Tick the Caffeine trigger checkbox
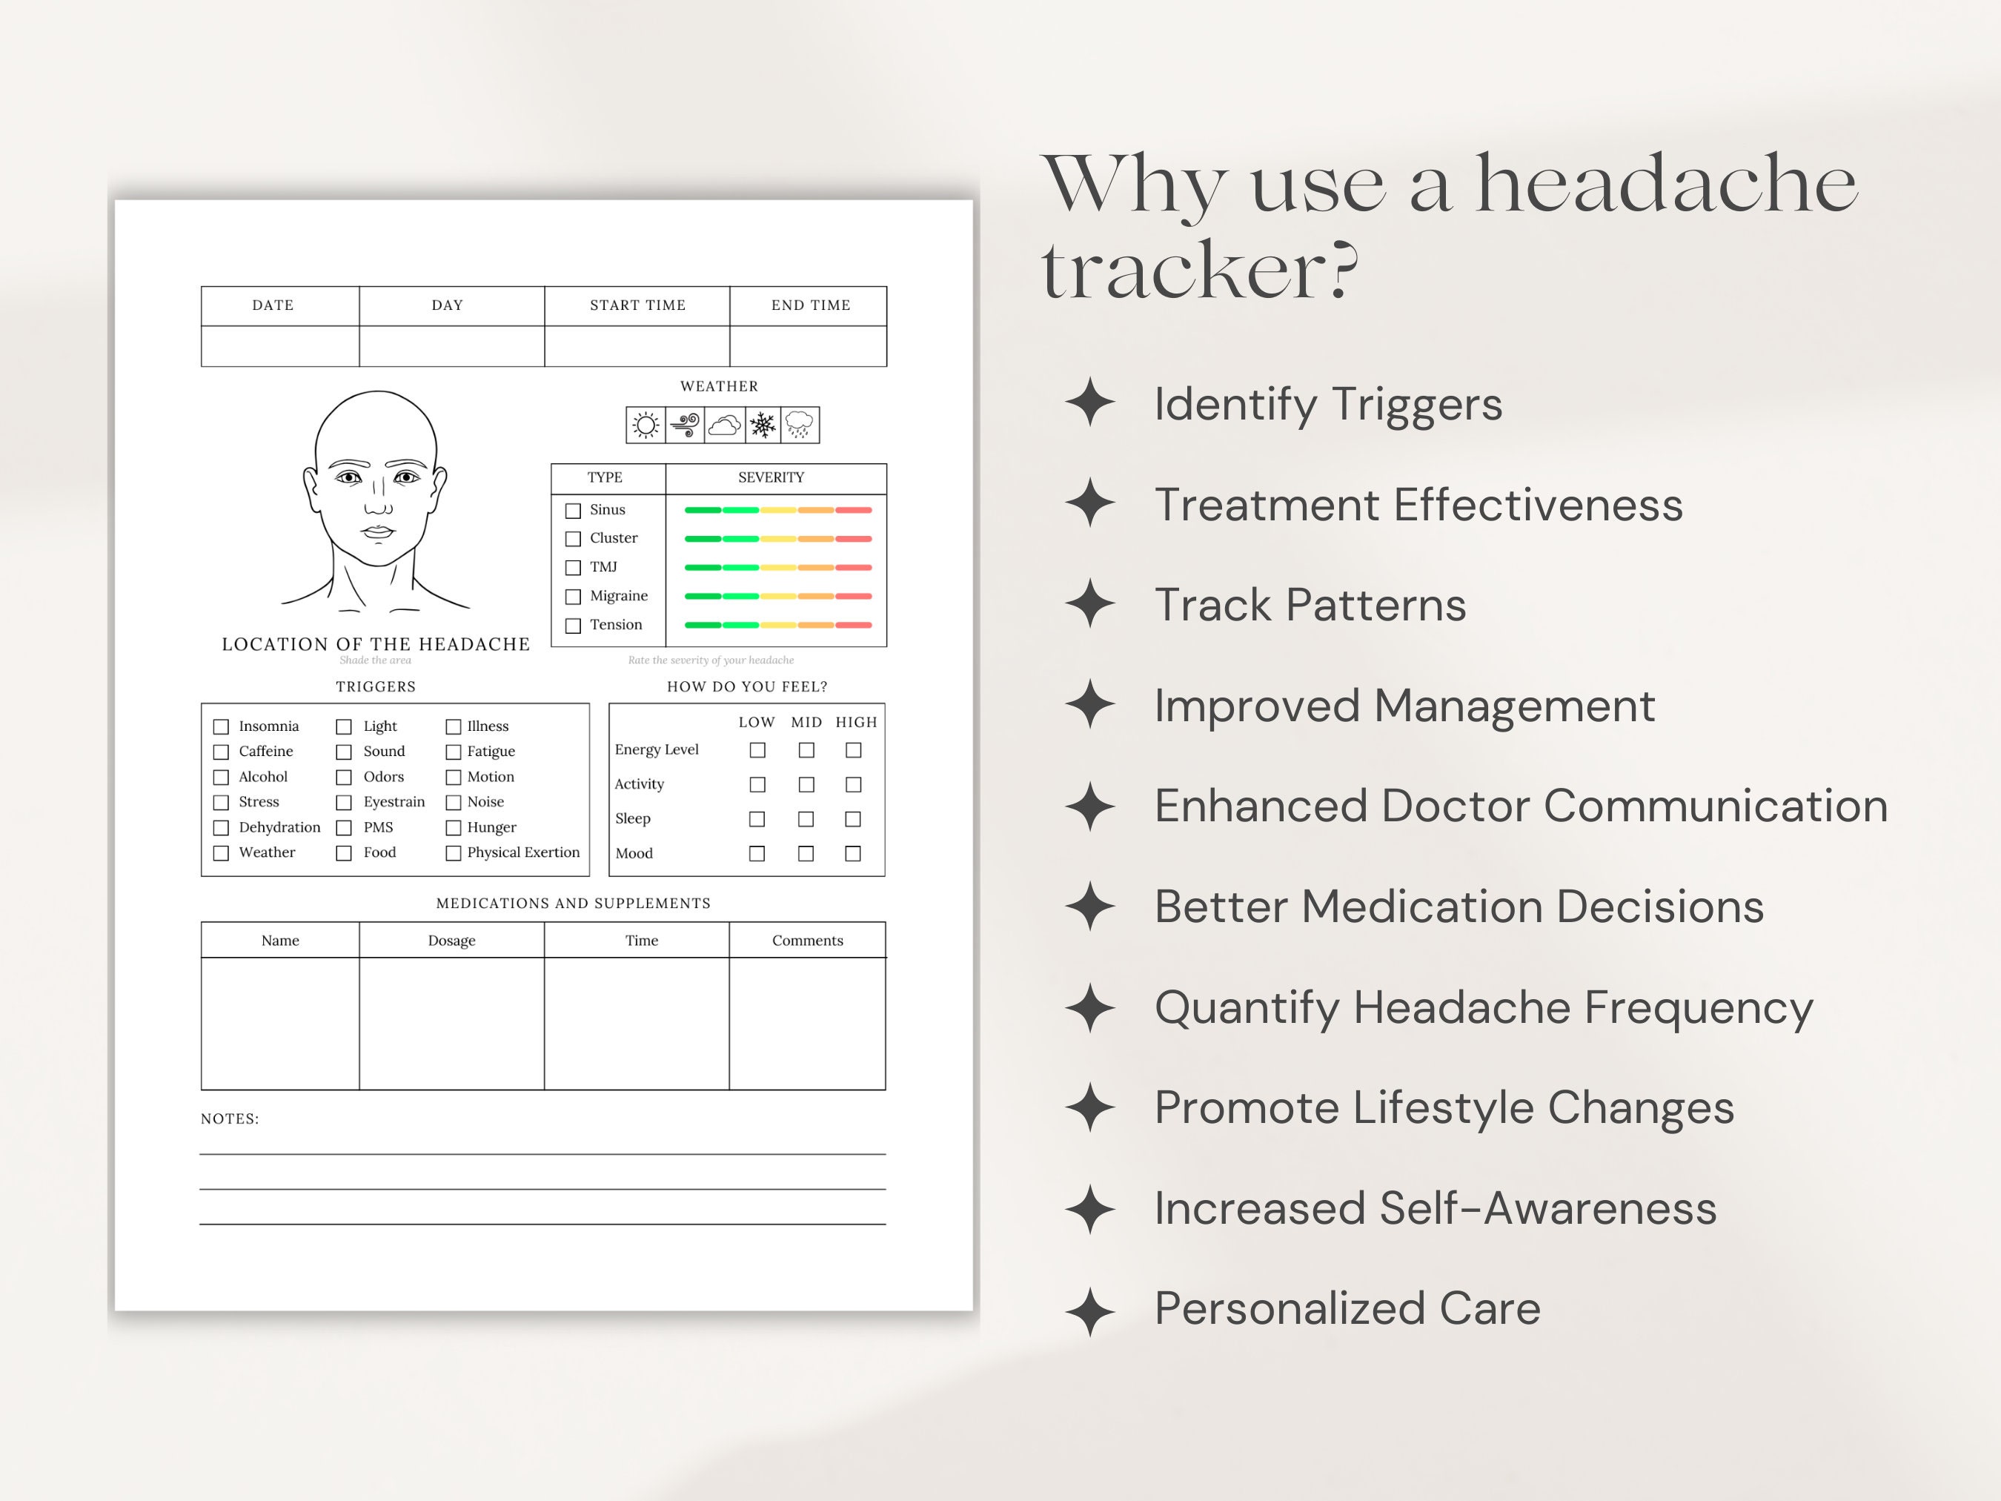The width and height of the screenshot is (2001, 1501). [x=221, y=752]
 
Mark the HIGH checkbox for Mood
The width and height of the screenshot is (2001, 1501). [x=852, y=853]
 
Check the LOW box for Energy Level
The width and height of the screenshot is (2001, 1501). [x=757, y=750]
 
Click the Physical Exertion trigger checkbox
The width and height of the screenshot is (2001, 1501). [x=454, y=853]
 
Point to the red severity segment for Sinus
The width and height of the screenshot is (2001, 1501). [x=853, y=510]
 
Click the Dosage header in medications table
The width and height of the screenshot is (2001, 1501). [x=451, y=941]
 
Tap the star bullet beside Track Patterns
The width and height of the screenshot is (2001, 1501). [x=1090, y=603]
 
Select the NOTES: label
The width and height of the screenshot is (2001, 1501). [x=230, y=1119]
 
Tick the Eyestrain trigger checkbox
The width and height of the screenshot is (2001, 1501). [x=344, y=803]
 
